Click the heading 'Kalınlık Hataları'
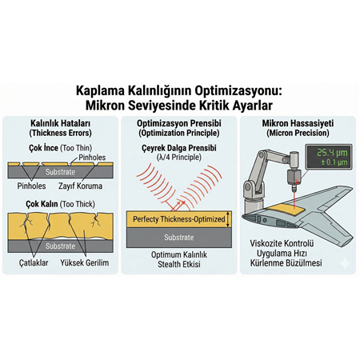click(61, 123)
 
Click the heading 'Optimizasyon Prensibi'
click(179, 123)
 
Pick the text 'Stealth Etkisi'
click(179, 265)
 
